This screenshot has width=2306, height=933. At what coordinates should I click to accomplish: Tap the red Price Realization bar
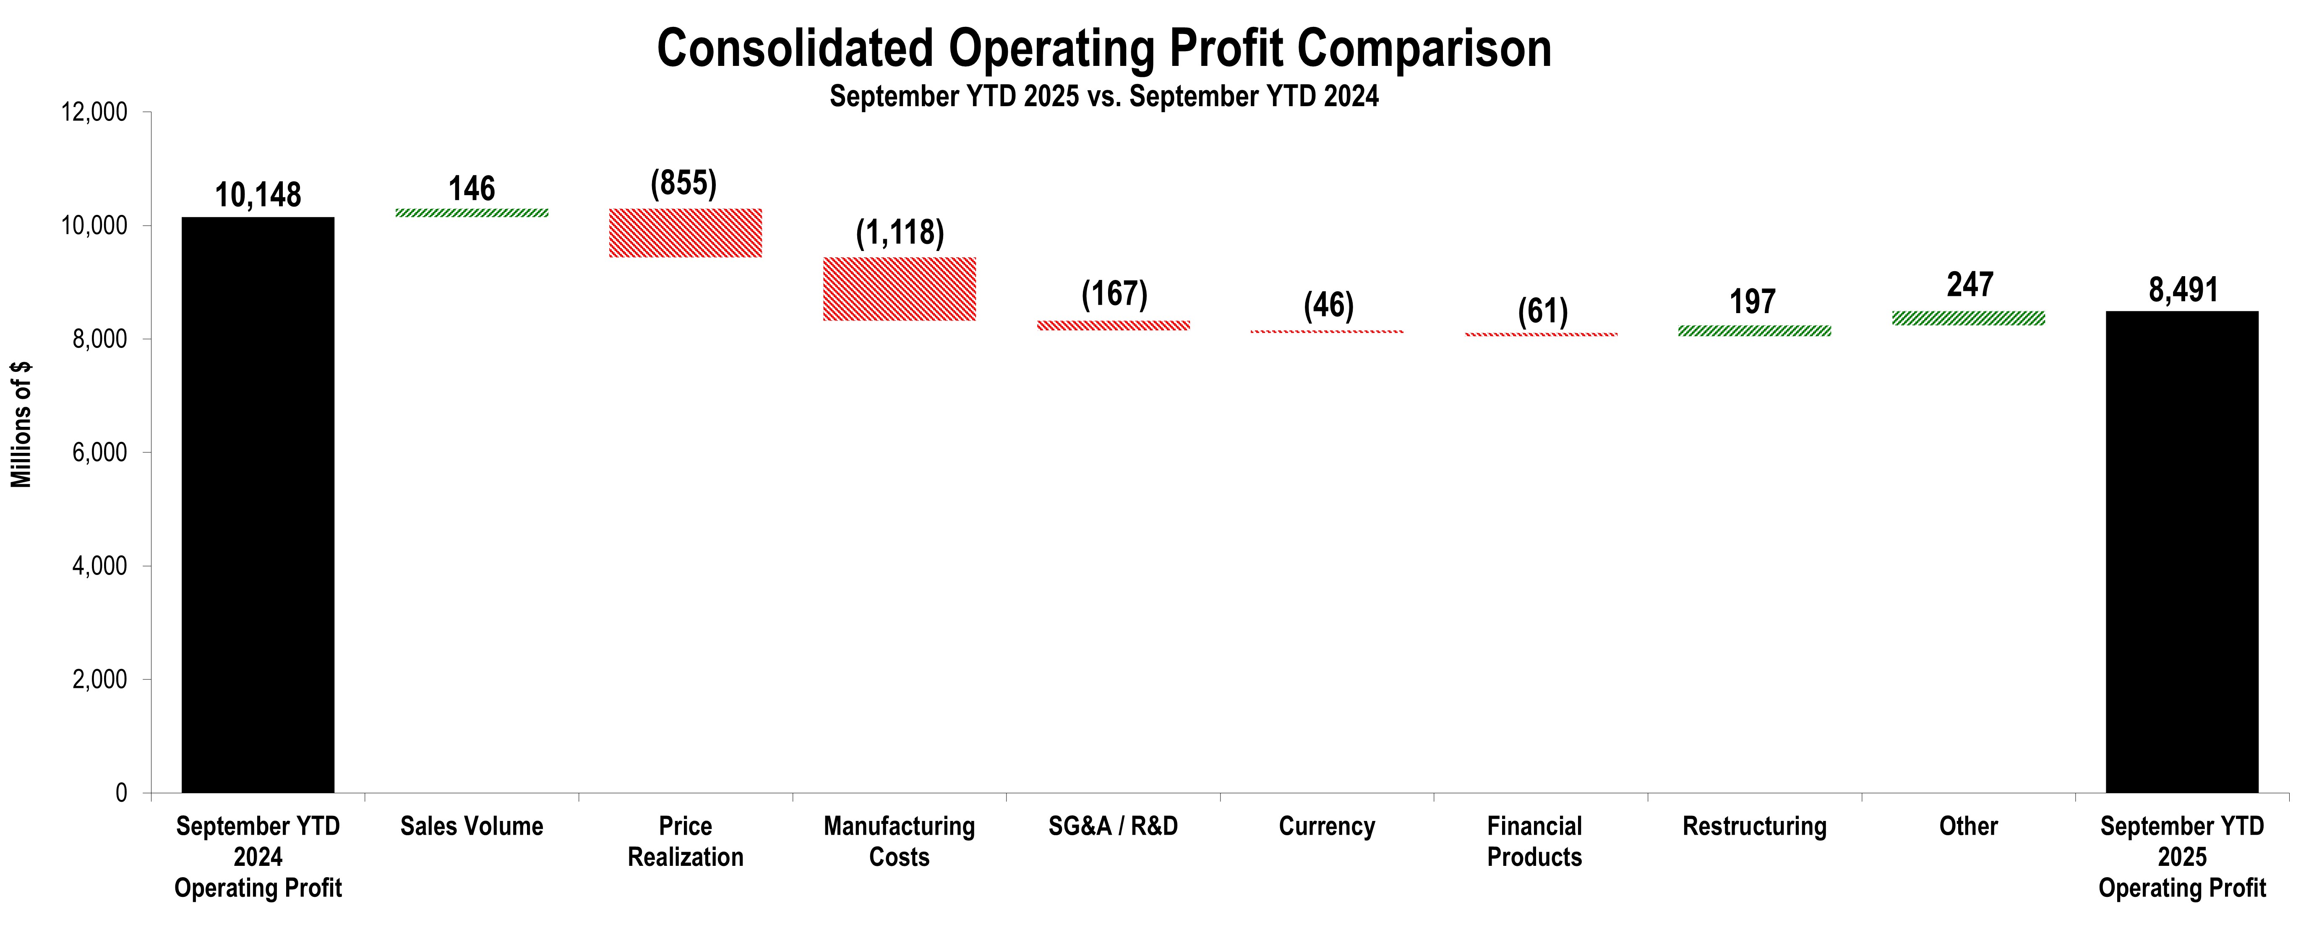click(686, 233)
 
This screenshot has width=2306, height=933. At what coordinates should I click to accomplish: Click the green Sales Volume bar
click(472, 213)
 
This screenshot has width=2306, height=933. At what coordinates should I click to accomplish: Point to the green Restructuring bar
click(1755, 330)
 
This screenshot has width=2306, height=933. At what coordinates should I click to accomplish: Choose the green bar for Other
click(1969, 318)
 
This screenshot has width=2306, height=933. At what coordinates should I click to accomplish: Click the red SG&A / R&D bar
click(1114, 325)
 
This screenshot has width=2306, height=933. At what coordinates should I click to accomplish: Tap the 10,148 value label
click(258, 195)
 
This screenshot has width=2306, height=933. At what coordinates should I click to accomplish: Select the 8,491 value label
click(2183, 290)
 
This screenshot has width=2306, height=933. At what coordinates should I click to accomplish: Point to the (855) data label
click(684, 183)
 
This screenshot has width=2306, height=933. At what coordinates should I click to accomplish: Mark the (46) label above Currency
click(1328, 305)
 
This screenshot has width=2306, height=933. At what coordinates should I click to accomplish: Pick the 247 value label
click(1969, 285)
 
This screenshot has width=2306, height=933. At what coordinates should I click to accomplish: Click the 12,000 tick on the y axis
click(94, 113)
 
